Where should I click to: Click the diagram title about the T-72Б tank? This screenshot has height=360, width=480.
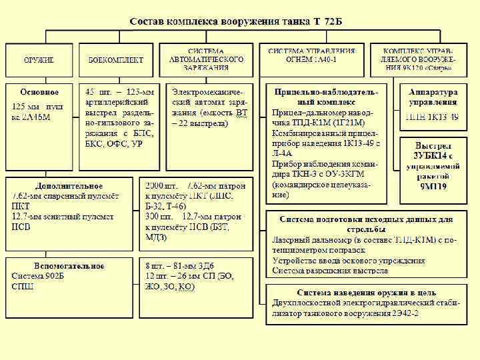[236, 22]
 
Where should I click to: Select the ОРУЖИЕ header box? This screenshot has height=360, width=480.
[39, 60]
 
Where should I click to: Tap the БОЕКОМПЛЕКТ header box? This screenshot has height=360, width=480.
[115, 60]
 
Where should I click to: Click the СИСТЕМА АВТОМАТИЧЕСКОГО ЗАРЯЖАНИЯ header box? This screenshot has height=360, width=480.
[206, 60]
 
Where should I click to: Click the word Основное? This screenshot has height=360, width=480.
[39, 91]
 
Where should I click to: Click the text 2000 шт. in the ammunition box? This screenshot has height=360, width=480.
[161, 185]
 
